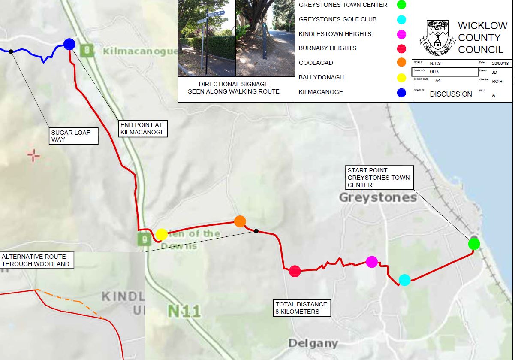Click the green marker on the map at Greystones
[473, 244]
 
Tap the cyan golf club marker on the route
[404, 280]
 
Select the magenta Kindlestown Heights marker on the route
[372, 262]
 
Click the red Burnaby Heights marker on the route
[295, 271]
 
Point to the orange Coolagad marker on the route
[240, 221]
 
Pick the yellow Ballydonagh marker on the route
[161, 234]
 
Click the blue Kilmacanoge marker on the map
[69, 44]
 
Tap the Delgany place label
[313, 343]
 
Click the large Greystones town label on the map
[378, 198]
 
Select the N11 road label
[184, 311]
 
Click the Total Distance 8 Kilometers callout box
[302, 308]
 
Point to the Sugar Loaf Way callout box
[73, 136]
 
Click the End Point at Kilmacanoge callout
[142, 129]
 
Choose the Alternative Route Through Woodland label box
[36, 260]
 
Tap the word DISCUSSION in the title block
[451, 94]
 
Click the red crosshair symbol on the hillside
[33, 155]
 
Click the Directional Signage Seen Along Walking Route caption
[233, 88]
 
